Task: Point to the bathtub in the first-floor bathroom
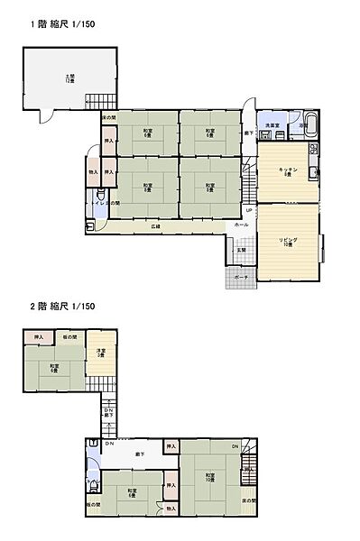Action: pos(311,124)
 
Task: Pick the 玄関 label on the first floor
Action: pos(241,250)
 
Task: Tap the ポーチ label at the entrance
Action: pos(241,277)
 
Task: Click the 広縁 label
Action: pos(155,226)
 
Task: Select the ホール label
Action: pos(241,224)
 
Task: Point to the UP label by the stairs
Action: pos(249,211)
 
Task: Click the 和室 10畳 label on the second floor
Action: pos(209,478)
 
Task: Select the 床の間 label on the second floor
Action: pos(248,500)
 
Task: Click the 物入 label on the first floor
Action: pos(93,171)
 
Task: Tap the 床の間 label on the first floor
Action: pos(107,118)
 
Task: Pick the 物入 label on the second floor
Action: pos(171,509)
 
